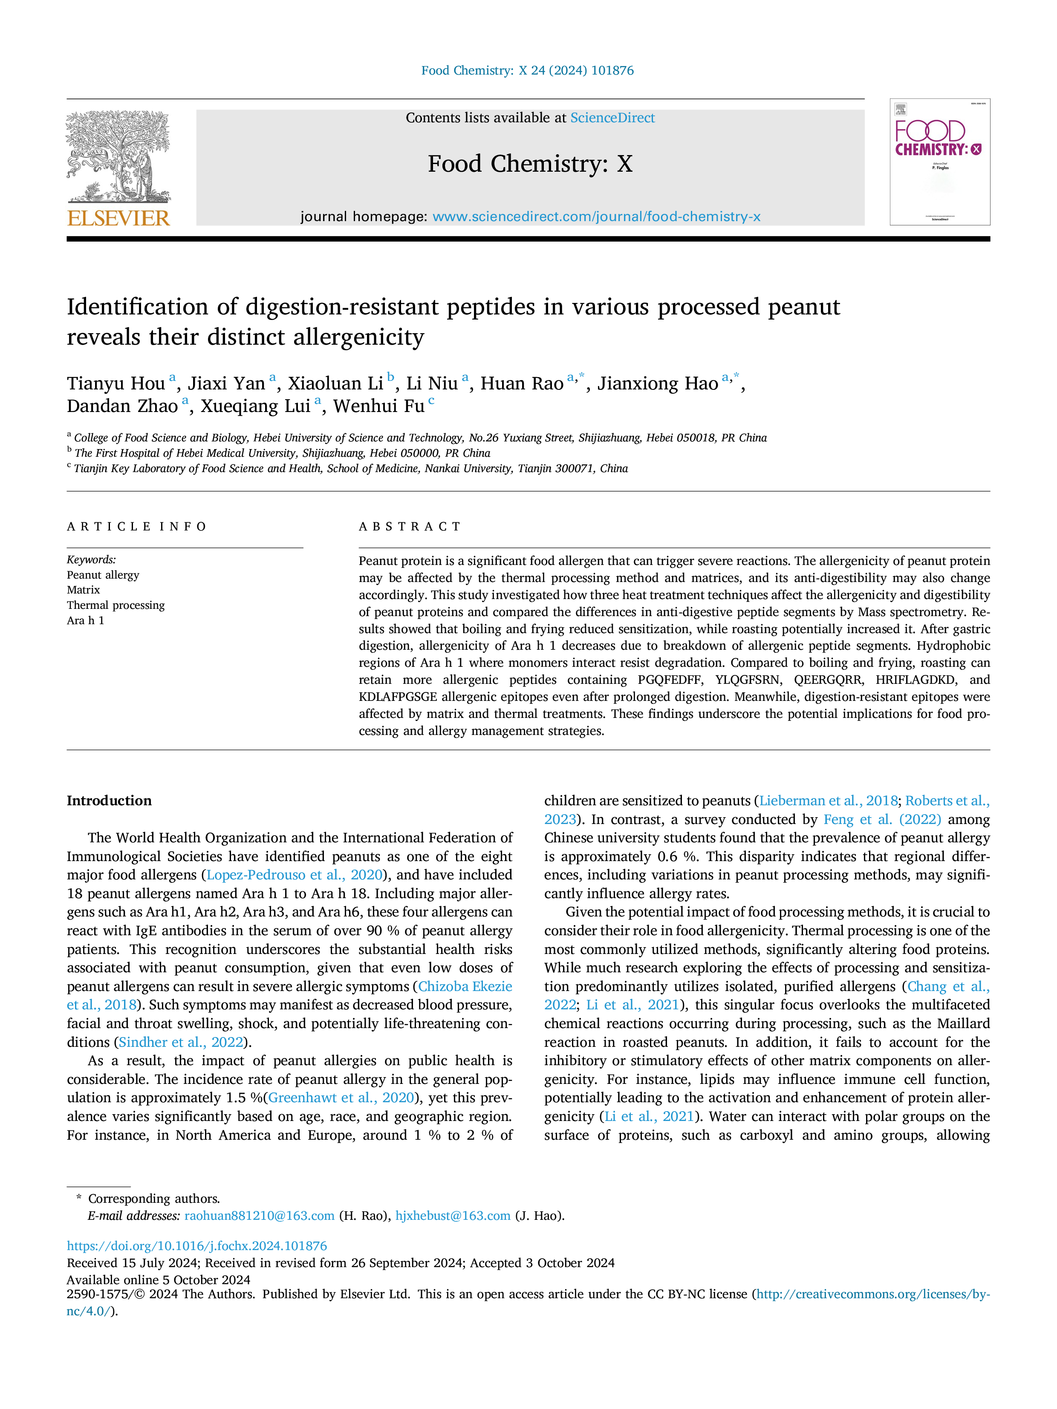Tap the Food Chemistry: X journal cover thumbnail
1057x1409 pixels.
coord(940,162)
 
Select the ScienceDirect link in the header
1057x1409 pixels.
coord(612,118)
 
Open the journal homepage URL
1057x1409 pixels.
coord(596,216)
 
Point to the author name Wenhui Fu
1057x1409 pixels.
coord(379,406)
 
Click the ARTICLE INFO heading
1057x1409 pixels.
coord(137,527)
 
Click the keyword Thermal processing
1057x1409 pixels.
coord(116,605)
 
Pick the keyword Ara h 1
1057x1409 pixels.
coord(85,620)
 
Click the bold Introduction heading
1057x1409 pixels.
coord(109,801)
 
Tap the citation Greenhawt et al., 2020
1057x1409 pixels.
coord(341,1098)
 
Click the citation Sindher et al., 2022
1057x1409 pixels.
coord(182,1042)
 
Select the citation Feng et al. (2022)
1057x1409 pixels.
coord(882,819)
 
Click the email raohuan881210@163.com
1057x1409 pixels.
coord(259,1216)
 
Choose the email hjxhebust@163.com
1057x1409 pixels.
coord(453,1216)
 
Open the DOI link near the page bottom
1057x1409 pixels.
coord(197,1246)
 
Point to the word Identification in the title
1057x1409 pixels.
coord(138,307)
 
